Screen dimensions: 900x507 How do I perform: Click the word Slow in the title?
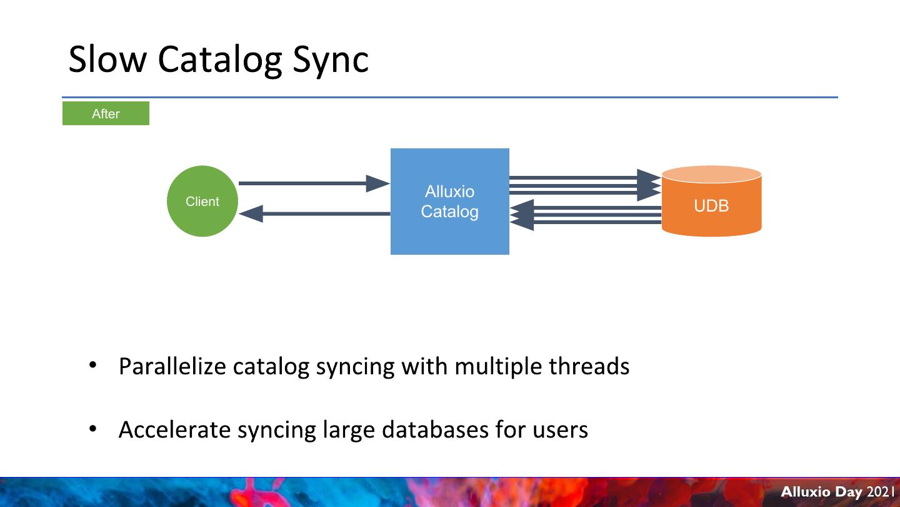point(107,59)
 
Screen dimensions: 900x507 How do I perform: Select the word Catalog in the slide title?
point(220,60)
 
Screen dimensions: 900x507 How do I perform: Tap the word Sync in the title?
point(331,60)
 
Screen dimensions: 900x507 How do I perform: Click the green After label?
point(106,113)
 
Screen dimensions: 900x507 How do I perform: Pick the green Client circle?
point(202,201)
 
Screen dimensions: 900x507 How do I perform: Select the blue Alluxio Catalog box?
point(450,201)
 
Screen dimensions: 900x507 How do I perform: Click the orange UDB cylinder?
point(711,201)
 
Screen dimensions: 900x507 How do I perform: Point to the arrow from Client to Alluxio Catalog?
point(314,183)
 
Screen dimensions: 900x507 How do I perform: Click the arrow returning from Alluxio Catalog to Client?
point(314,213)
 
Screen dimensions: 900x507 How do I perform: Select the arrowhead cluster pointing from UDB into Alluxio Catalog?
point(522,215)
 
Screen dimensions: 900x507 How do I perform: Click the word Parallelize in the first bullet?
point(172,366)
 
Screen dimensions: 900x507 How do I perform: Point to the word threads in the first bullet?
point(589,366)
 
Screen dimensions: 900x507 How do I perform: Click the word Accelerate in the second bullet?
point(174,429)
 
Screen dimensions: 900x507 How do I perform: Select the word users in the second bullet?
point(561,431)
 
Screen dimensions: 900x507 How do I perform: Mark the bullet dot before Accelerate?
point(92,429)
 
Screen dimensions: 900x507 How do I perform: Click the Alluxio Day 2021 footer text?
point(838,492)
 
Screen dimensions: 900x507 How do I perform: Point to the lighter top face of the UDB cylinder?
point(711,174)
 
